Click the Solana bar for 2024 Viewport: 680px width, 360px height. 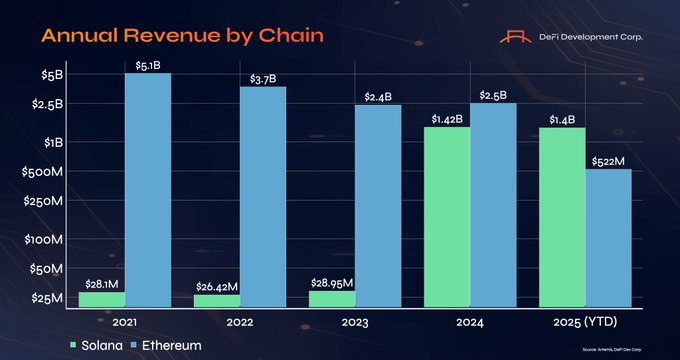click(446, 217)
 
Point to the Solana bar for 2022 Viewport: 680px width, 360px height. click(216, 300)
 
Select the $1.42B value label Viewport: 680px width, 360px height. click(447, 119)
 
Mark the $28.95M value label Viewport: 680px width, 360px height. click(332, 283)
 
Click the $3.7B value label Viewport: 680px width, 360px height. click(262, 78)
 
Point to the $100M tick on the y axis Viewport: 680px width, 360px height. click(48, 240)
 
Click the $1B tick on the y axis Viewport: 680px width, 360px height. click(52, 142)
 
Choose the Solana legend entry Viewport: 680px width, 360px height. click(96, 345)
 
